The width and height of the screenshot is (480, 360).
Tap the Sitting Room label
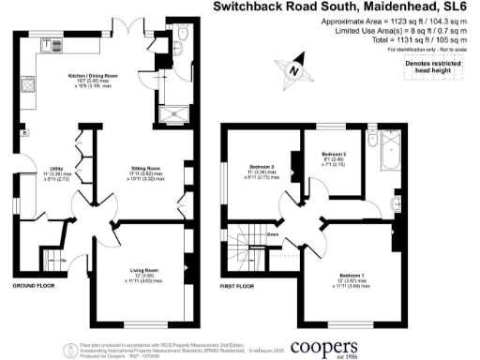coord(146,169)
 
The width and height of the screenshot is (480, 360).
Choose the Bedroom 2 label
coord(259,169)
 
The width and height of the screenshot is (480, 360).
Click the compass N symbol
coord(293,68)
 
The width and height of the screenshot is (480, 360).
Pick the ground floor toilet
coord(180,36)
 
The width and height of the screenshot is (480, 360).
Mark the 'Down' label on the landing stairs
coord(273,233)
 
